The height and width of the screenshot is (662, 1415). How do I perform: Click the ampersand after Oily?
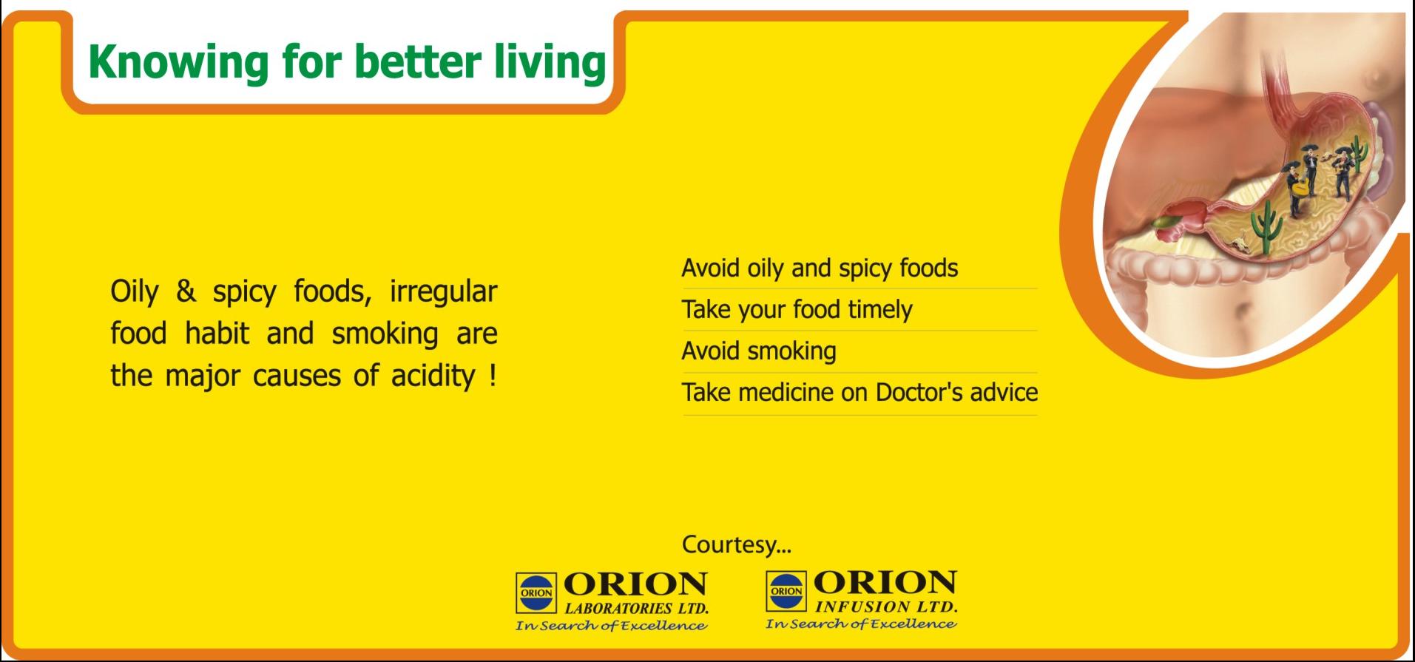(x=186, y=291)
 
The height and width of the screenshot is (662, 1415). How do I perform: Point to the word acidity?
(x=433, y=376)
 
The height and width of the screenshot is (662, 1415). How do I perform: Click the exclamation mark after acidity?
(x=493, y=375)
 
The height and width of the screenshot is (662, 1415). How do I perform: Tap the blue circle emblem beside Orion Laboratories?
(x=536, y=592)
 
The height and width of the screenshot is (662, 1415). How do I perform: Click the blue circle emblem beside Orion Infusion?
(x=786, y=590)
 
